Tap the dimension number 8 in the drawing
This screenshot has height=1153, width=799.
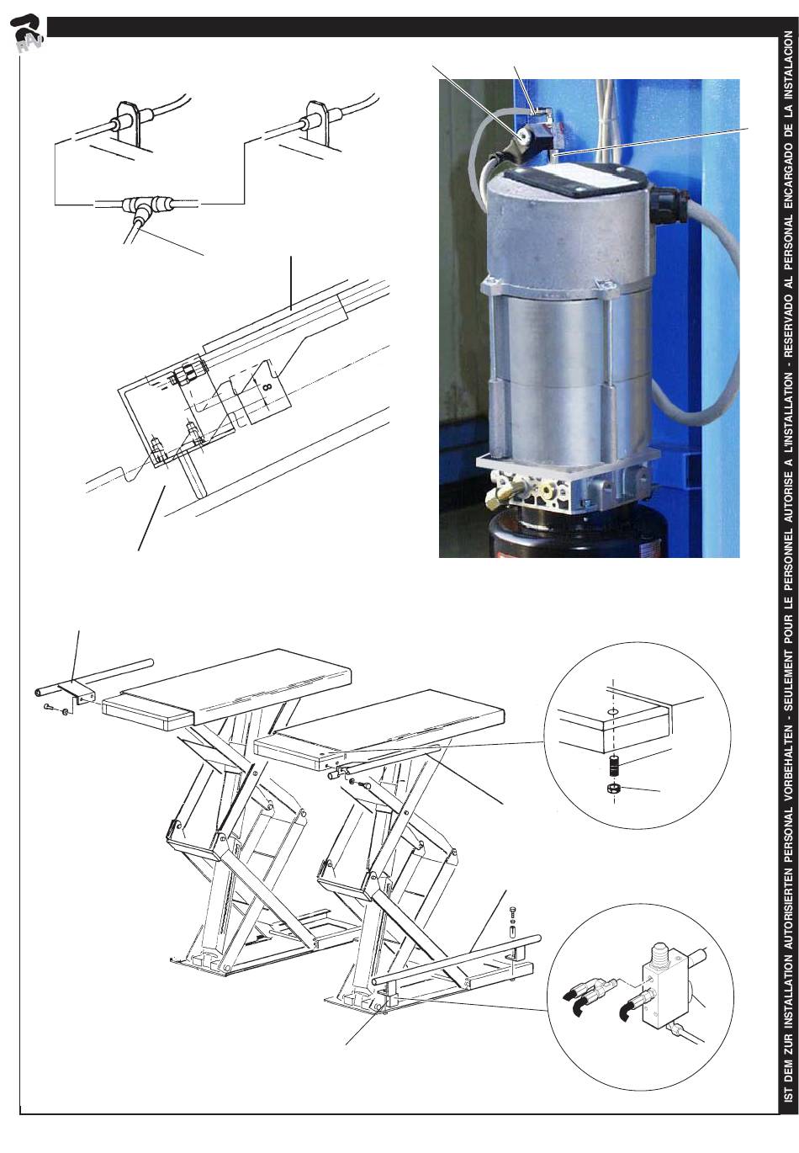pos(267,385)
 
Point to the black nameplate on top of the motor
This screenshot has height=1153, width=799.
pos(576,181)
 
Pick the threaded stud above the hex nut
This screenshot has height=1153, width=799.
pos(614,765)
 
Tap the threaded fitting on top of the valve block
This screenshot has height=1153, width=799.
pos(661,952)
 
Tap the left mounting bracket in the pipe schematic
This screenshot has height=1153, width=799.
pos(126,124)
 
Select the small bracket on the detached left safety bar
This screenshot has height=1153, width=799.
pos(77,691)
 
